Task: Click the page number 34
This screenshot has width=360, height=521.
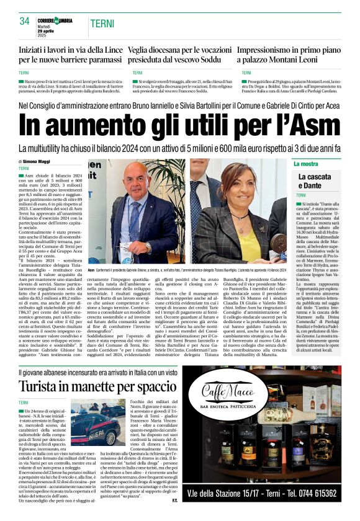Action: (24, 21)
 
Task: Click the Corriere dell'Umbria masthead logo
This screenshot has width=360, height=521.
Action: (55, 20)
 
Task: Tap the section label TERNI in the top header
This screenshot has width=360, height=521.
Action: (102, 24)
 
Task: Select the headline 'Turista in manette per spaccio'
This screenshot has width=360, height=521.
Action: (93, 386)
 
